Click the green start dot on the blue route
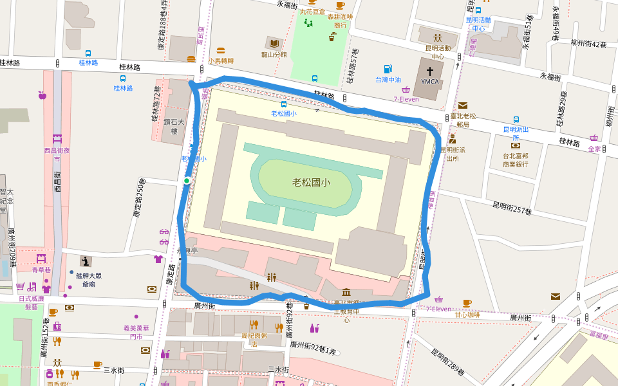[187, 181]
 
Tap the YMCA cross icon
[429, 71]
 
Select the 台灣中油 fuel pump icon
[388, 69]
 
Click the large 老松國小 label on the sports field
[311, 182]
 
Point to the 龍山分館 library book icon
[274, 43]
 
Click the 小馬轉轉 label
[221, 61]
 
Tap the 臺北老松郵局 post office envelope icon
[463, 106]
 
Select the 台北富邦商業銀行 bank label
[516, 160]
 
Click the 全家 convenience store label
[594, 149]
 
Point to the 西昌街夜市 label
[56, 154]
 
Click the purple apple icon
[42, 95]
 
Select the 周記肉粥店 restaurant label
[254, 339]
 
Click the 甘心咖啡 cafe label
[467, 315]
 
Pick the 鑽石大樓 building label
[169, 126]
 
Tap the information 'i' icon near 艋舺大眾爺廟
[85, 261]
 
